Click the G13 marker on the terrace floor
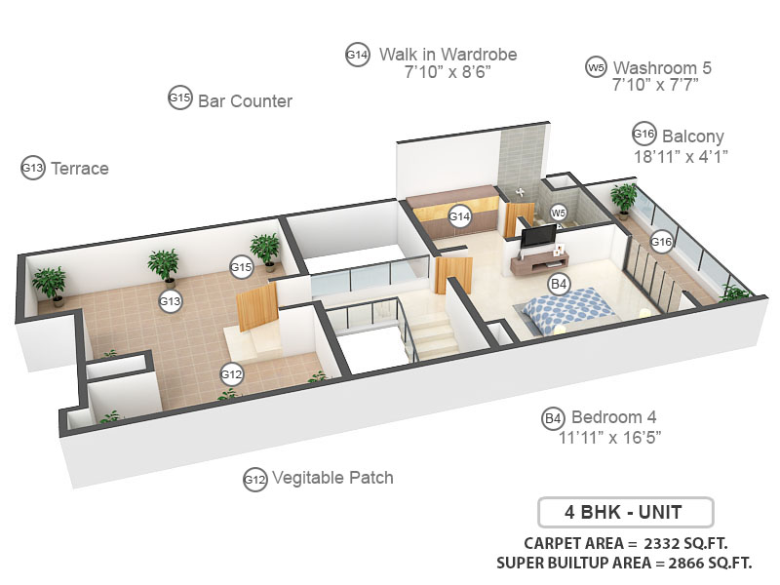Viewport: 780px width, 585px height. click(x=171, y=301)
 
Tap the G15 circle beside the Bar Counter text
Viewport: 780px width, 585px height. click(x=179, y=98)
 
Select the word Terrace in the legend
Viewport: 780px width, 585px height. click(x=79, y=169)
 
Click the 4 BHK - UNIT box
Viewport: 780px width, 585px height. click(x=625, y=512)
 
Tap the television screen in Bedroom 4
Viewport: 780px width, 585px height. click(x=537, y=236)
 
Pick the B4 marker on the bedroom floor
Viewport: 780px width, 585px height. click(x=559, y=284)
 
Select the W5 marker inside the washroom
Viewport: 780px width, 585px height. click(x=558, y=212)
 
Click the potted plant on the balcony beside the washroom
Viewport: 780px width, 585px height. click(x=622, y=199)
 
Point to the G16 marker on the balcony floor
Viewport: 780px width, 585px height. click(x=662, y=241)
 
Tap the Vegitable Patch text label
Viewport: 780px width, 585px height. click(x=332, y=478)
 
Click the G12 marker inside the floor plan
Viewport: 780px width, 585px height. click(x=231, y=373)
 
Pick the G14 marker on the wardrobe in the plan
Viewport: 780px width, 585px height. click(x=460, y=215)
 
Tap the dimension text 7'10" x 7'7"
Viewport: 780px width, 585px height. click(x=655, y=85)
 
